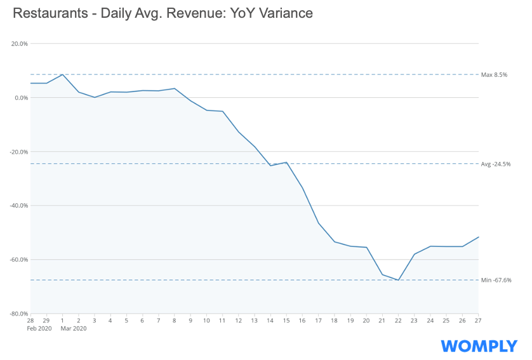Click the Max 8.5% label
[495, 75]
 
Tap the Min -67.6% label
[496, 280]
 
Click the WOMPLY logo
[479, 345]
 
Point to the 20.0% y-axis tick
[20, 44]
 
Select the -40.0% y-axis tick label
[19, 206]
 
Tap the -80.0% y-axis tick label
[19, 314]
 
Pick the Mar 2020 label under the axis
[73, 328]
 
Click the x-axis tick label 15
[286, 321]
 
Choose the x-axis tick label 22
[398, 321]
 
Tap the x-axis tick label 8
[175, 321]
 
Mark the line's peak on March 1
[62, 74]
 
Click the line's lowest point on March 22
[398, 280]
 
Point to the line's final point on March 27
[478, 237]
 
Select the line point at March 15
[286, 162]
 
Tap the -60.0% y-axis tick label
[19, 260]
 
